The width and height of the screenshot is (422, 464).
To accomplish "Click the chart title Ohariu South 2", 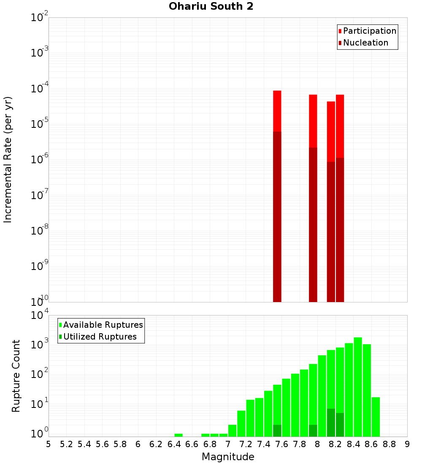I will pos(211,7).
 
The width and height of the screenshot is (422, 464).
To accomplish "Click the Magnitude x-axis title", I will pos(228,457).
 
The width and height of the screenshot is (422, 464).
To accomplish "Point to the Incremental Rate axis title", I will pos(8,159).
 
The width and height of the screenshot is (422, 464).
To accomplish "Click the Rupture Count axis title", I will pos(16,375).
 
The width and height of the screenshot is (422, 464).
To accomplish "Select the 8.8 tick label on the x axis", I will pos(389,444).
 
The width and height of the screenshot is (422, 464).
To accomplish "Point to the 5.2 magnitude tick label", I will pos(66,444).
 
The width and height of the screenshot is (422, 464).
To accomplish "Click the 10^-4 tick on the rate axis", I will pos(40,89).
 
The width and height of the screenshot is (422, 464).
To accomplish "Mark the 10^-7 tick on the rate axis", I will pos(40,195).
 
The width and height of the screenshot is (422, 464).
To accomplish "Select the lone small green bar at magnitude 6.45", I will pos(179,435).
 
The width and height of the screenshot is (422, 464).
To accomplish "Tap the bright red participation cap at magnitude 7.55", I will pos(277,111).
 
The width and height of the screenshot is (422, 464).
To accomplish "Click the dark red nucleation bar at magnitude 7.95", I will pos(313,224).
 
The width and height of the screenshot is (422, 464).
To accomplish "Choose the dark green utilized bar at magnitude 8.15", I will pos(331,422).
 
